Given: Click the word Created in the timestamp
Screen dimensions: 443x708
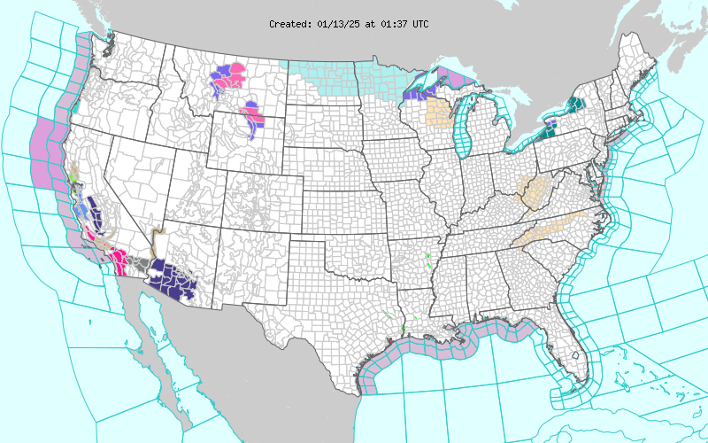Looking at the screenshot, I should (289, 24).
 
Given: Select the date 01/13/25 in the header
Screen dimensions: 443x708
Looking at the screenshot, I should (338, 24).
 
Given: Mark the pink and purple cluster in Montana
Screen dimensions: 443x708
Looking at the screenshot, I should (228, 78).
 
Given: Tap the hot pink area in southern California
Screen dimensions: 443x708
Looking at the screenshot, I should (117, 258).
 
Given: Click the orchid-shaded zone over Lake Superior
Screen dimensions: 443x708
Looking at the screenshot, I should (460, 78).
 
